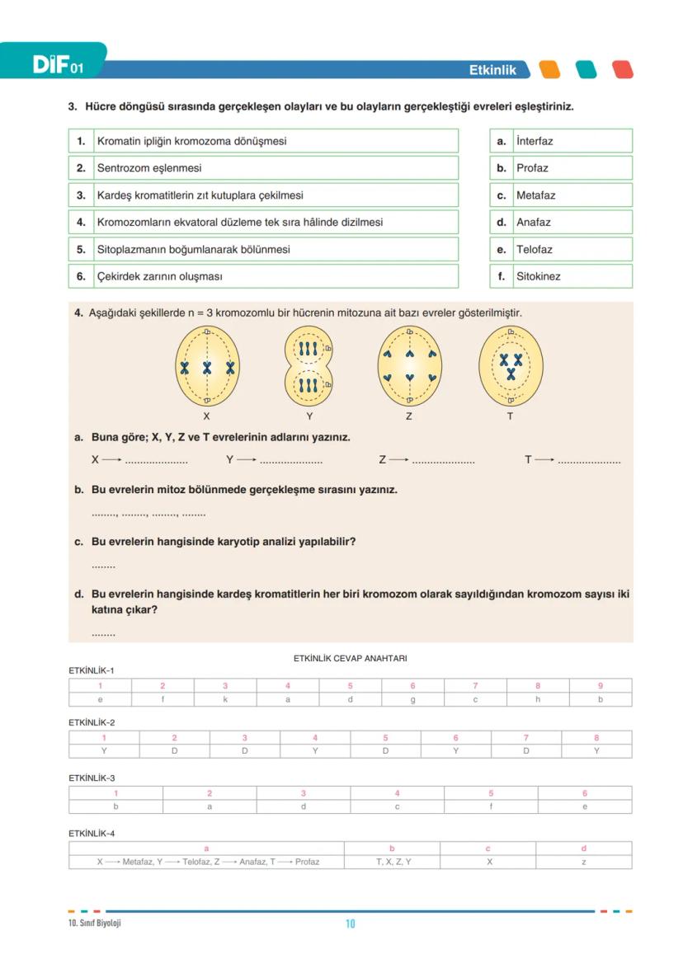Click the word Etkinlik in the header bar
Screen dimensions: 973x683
pyautogui.click(x=492, y=70)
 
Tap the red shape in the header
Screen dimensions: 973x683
pyautogui.click(x=623, y=70)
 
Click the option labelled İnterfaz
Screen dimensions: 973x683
pyautogui.click(x=535, y=141)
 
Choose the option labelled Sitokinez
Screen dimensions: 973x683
pyautogui.click(x=538, y=276)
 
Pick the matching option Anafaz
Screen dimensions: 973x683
pyautogui.click(x=534, y=222)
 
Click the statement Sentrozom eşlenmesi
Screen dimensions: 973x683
pyautogui.click(x=149, y=168)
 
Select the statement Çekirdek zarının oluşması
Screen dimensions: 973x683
pyautogui.click(x=159, y=276)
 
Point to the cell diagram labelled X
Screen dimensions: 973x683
pyautogui.click(x=207, y=366)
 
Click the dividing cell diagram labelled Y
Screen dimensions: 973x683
pyautogui.click(x=309, y=366)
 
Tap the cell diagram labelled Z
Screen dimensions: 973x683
pyautogui.click(x=409, y=366)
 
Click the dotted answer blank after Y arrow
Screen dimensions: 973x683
pyautogui.click(x=290, y=460)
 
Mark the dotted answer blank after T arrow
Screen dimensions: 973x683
pyautogui.click(x=589, y=460)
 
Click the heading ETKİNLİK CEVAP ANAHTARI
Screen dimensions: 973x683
pyautogui.click(x=350, y=658)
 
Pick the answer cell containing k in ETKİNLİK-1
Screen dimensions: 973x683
pyautogui.click(x=225, y=699)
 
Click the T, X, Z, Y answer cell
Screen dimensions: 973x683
pyautogui.click(x=392, y=862)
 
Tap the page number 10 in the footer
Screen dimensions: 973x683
pyautogui.click(x=350, y=924)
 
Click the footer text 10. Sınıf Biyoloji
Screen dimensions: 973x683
pyautogui.click(x=95, y=923)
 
